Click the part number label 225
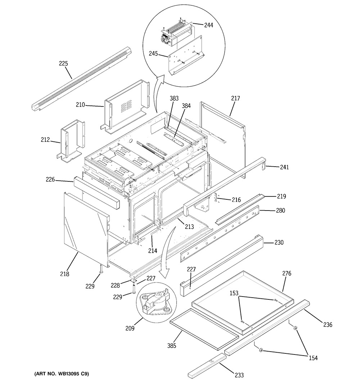coord(63,64)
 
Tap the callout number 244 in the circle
coord(208,25)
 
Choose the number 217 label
coord(236,98)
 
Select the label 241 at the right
coord(284,167)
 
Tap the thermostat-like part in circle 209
coord(155,302)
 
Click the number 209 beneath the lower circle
coord(130,328)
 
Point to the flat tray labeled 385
coord(203,329)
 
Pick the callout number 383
coord(174,98)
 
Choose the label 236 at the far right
coord(327,325)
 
